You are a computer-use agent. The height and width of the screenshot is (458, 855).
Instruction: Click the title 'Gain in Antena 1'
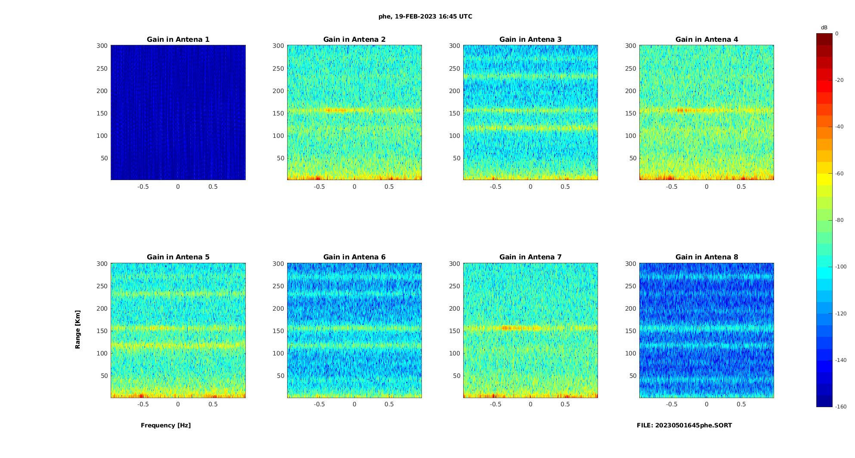178,40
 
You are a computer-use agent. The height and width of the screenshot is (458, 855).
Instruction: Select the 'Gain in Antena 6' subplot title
354,257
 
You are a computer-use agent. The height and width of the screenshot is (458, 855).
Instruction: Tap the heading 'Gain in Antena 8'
706,257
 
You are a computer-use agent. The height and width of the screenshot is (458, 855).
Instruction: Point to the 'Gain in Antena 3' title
530,40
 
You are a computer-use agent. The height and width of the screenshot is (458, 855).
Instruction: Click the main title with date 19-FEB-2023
425,17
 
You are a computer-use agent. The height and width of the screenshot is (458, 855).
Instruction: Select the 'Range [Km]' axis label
78,329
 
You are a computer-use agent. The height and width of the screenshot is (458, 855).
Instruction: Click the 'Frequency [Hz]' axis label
166,425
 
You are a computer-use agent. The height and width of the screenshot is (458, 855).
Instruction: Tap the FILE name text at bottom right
684,425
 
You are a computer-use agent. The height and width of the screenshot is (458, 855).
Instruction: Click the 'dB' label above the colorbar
824,28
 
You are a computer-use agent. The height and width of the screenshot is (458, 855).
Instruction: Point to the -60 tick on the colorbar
840,174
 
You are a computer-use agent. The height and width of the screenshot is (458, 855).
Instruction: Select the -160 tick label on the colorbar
841,407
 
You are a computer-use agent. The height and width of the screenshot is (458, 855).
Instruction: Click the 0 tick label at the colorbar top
837,34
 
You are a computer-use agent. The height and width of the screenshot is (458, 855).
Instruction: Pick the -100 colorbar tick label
841,267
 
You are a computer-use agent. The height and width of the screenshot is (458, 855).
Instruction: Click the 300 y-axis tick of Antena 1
102,46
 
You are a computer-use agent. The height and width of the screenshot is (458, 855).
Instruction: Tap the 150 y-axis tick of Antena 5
102,331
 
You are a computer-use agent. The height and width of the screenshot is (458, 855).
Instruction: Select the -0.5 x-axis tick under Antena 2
319,187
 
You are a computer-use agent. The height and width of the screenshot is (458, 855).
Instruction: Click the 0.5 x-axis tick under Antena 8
741,404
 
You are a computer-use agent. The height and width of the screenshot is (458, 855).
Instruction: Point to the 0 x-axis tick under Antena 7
530,404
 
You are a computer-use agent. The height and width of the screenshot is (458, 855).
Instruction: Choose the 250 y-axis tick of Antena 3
455,69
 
